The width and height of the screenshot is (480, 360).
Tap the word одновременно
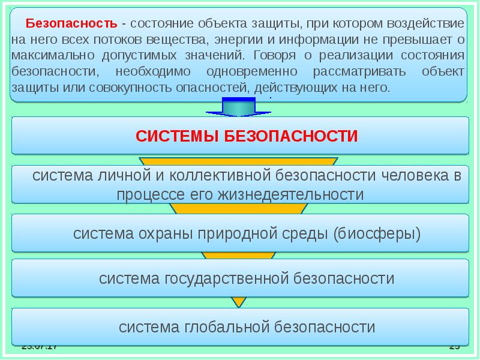(257, 72)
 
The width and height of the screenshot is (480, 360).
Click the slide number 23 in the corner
(454, 347)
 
